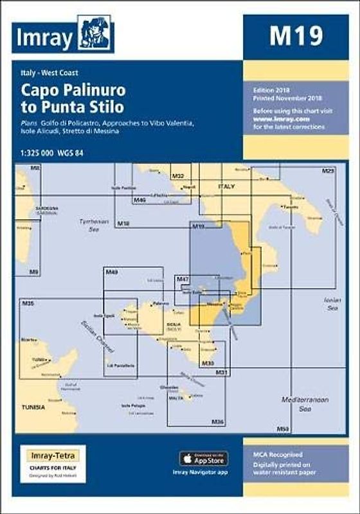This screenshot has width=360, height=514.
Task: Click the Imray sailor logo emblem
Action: [x=95, y=33]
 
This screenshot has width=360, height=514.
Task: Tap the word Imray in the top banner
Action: [x=43, y=38]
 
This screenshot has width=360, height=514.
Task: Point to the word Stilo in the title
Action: [x=102, y=107]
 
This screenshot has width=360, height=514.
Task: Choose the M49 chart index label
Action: [x=111, y=273]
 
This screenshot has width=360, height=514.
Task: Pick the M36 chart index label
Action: [x=218, y=421]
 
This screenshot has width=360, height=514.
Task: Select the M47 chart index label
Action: [x=183, y=279]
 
